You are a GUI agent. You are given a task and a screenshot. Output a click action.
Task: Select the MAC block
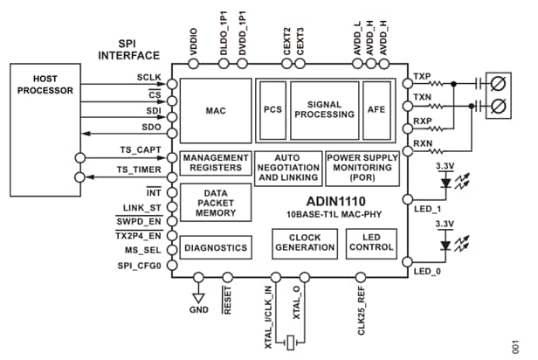click(x=215, y=112)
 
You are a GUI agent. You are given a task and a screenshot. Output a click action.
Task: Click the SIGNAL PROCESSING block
click(x=324, y=107)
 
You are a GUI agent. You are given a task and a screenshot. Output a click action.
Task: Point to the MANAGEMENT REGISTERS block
click(x=215, y=163)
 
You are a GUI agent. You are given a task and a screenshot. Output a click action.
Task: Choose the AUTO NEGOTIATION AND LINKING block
click(x=287, y=167)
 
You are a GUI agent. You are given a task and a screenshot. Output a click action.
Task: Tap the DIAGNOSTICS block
click(x=215, y=248)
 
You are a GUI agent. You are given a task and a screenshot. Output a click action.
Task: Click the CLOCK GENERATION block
click(x=303, y=242)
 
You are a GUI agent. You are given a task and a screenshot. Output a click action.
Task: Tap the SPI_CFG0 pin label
click(x=140, y=264)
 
